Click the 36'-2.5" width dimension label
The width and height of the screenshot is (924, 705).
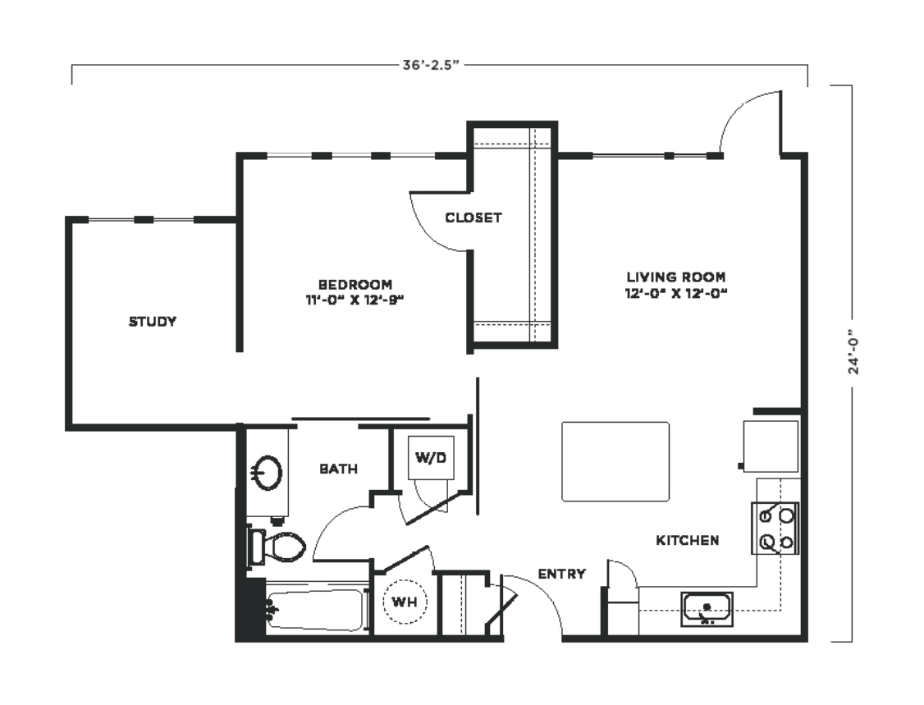coord(430,65)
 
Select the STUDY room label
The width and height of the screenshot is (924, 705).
coord(153,321)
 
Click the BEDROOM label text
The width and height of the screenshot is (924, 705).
coord(355,284)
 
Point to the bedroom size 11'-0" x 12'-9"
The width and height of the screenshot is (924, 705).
coord(355,300)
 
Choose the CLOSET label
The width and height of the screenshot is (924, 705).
coord(473,217)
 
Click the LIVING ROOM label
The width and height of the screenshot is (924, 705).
coord(676,277)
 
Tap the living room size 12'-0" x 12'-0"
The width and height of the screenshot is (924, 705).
coord(676,293)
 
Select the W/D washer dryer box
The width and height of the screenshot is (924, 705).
coord(432,457)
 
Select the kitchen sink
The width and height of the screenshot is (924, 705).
coord(707,609)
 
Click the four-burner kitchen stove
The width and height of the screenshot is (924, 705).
coord(775,529)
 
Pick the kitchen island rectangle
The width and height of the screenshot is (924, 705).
coord(615,461)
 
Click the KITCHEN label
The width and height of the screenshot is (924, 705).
coord(688,540)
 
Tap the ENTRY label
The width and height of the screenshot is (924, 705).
coord(562,574)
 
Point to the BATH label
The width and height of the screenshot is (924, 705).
coord(338,469)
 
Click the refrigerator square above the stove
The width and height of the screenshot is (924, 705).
coord(771,446)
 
